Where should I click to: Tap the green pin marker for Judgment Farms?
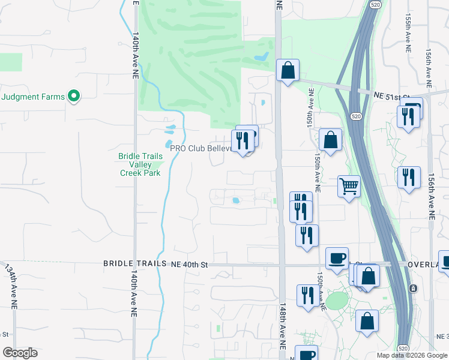coord(74,96)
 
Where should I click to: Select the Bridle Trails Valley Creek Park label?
coord(140,164)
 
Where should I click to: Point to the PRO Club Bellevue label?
coord(200,148)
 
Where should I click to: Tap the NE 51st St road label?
coord(391,96)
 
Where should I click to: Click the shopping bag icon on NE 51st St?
coord(288,71)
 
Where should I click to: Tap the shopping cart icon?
coord(349,186)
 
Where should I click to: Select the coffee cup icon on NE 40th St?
coord(337,258)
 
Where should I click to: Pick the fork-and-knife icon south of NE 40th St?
coord(307,295)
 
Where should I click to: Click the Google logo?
coord(20,353)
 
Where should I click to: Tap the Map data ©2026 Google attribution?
coord(411,355)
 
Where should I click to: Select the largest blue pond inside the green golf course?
coord(261,58)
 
